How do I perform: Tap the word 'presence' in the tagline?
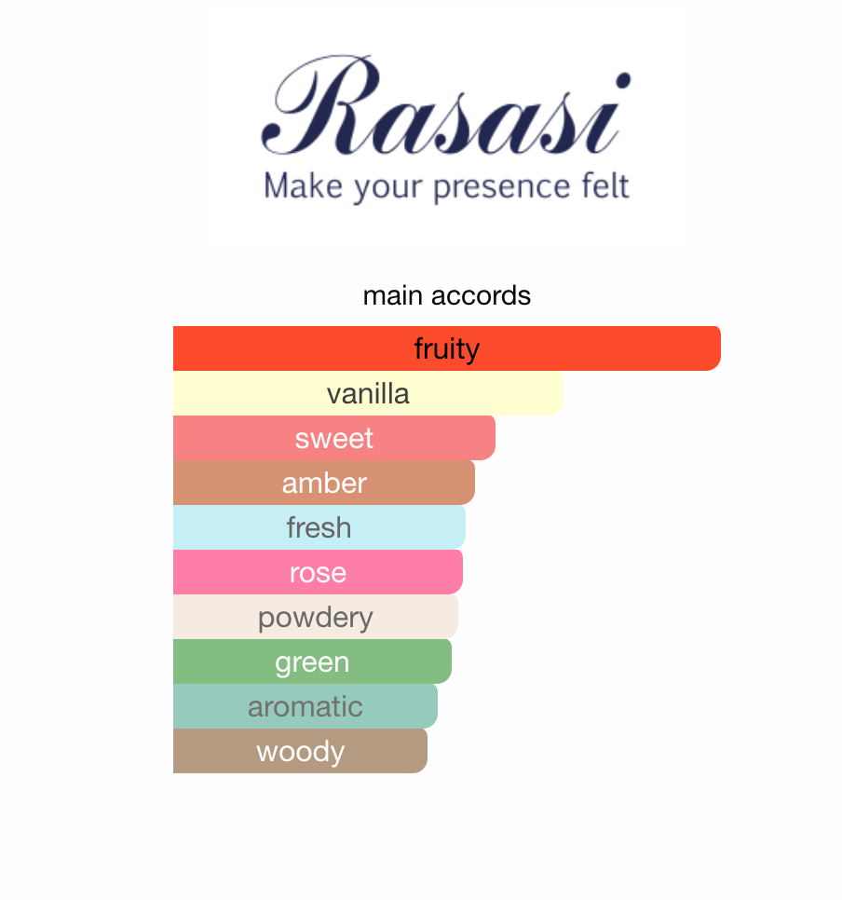tap(491, 186)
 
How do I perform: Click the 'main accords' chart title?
tap(447, 296)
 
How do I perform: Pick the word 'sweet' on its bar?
tap(333, 438)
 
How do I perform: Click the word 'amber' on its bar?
tap(324, 483)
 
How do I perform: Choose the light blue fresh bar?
tap(410, 527)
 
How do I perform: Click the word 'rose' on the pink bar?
tap(318, 572)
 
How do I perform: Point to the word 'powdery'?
tap(315, 617)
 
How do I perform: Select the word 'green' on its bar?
tap(312, 662)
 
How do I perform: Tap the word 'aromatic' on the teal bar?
tap(305, 706)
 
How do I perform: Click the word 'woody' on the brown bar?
tap(300, 751)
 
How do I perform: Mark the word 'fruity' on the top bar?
tap(447, 348)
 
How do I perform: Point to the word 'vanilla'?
tap(368, 393)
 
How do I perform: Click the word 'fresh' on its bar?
tap(319, 527)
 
